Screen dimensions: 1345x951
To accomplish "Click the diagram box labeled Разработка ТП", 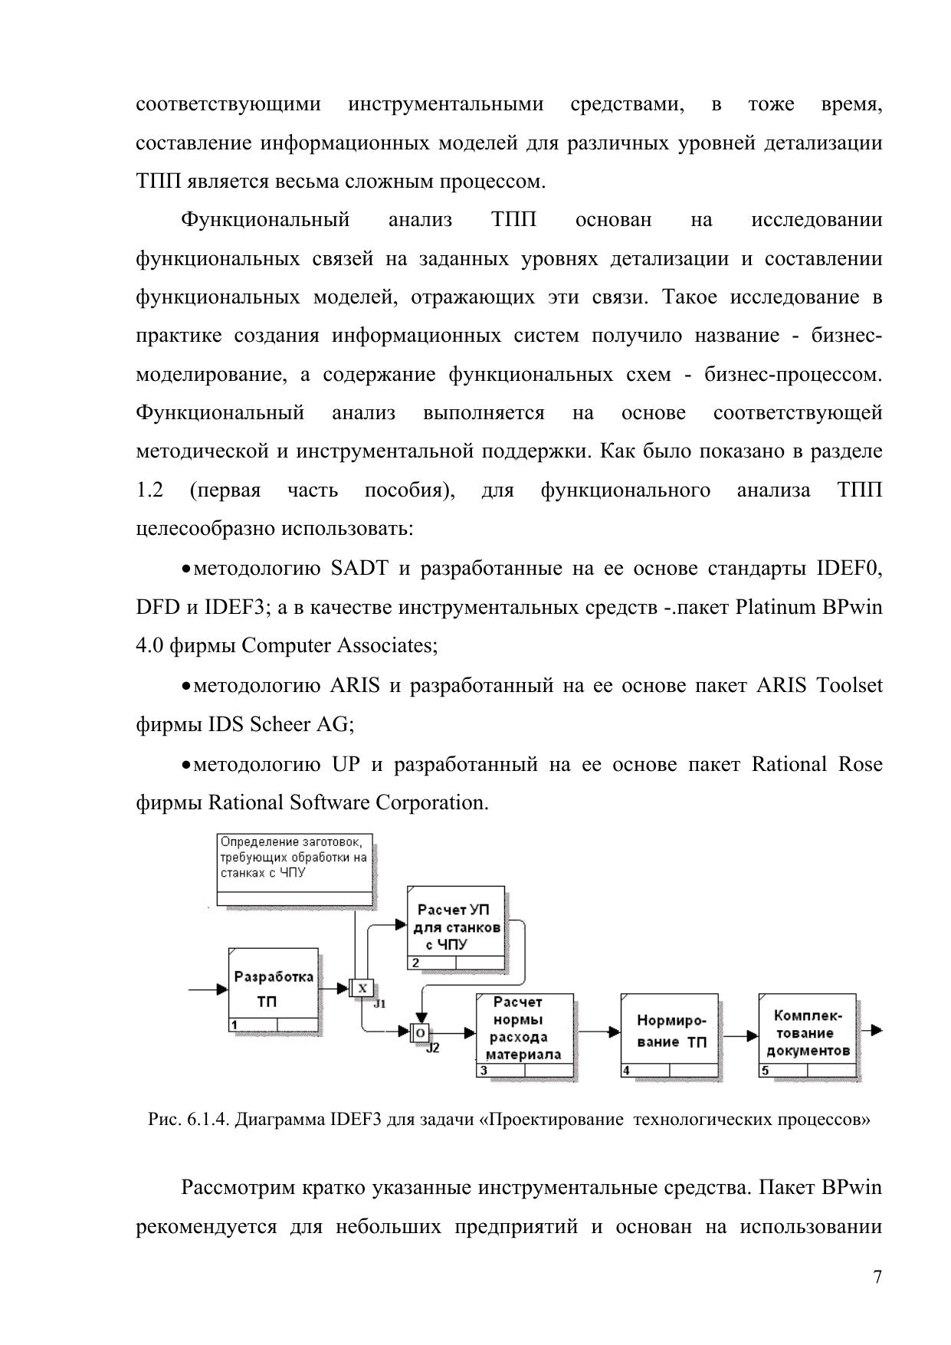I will (x=274, y=989).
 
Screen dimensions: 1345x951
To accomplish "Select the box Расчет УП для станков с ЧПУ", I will (x=456, y=927).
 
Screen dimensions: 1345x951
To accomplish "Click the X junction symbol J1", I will (x=362, y=989).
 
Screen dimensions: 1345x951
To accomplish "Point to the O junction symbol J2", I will (x=420, y=1033).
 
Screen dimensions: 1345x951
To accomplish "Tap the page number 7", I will (x=877, y=1277).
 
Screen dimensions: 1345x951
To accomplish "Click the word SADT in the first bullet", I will (x=359, y=568).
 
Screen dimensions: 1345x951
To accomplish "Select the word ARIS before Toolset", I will (x=781, y=684).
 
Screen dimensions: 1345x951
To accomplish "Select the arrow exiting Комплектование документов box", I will (x=871, y=1030).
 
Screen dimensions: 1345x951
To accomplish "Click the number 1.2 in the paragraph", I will (x=149, y=490).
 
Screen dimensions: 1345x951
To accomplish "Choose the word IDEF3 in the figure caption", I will (x=356, y=1120).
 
